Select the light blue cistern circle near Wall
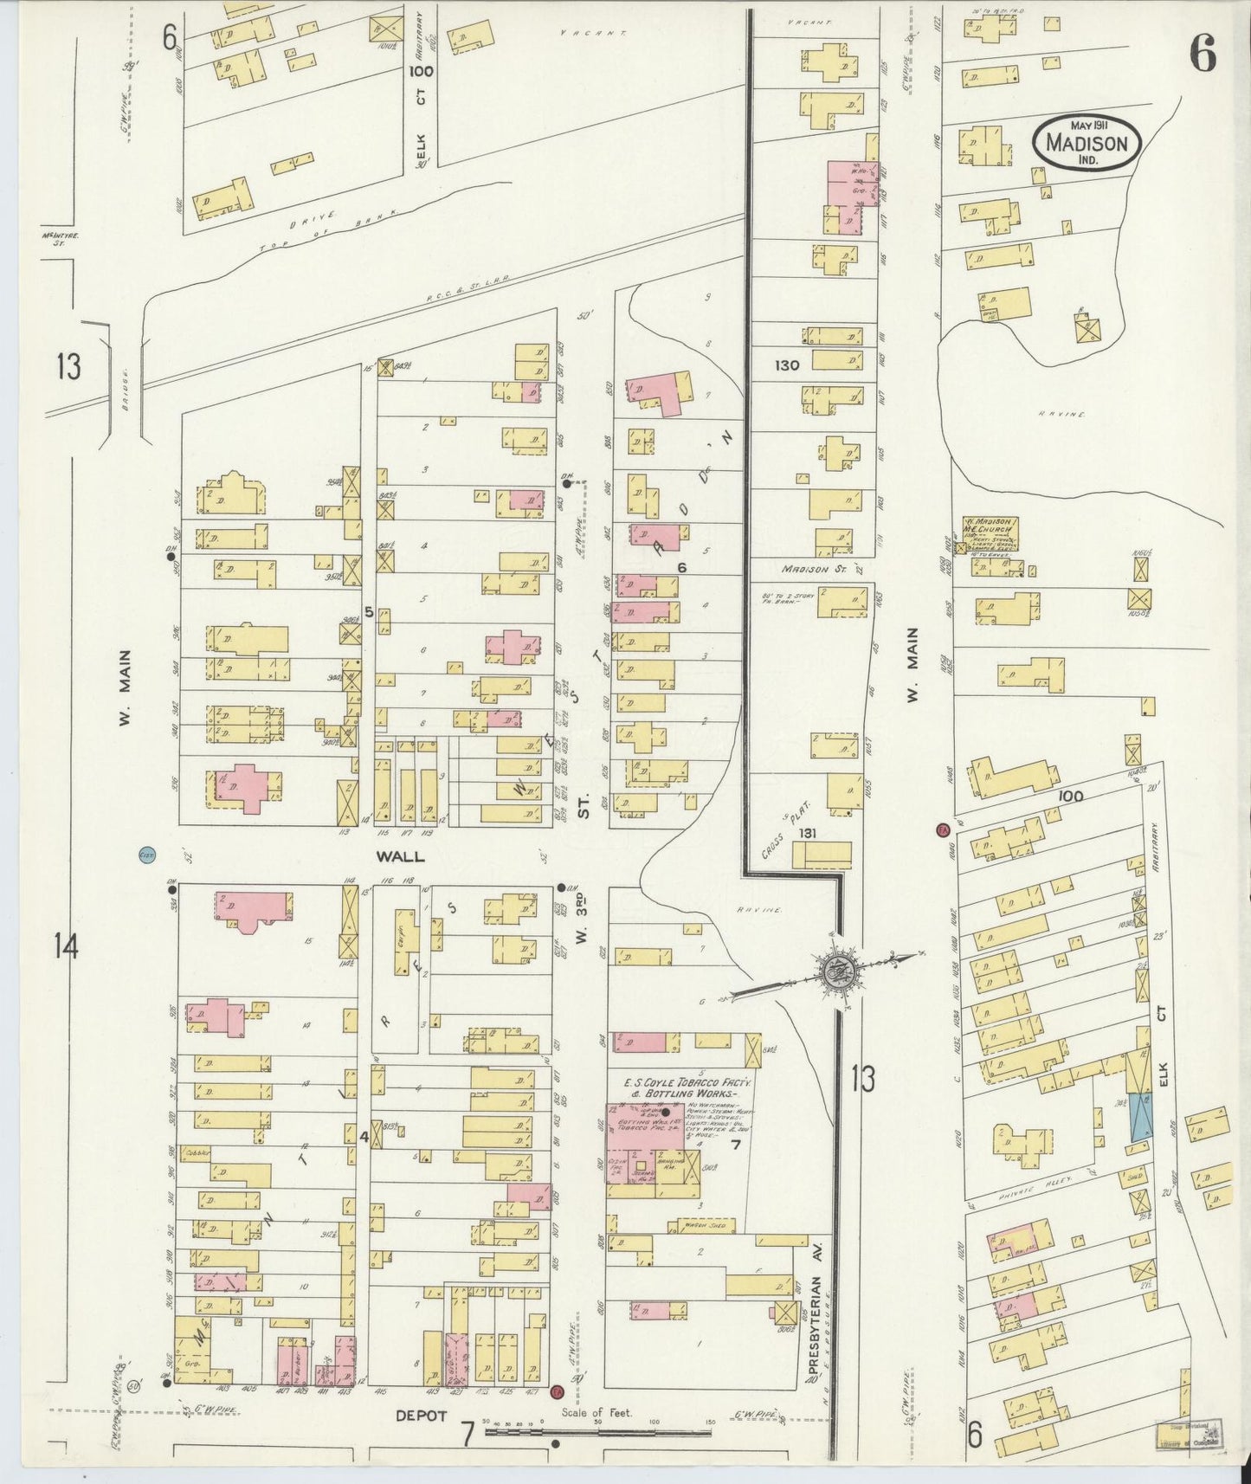click(x=146, y=855)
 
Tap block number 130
click(x=787, y=365)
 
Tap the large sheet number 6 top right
click(x=1202, y=56)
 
